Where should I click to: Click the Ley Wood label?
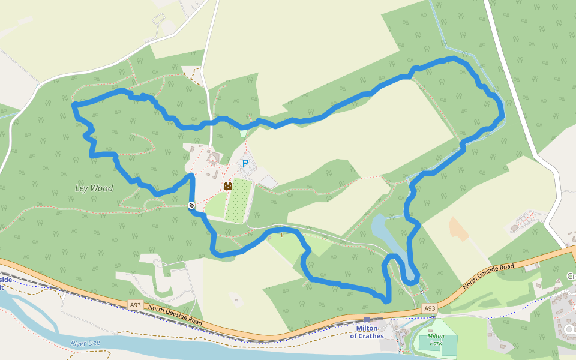94,188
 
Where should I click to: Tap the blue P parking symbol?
245,163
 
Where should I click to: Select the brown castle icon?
228,186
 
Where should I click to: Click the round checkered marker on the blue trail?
191,205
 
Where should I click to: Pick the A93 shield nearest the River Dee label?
136,305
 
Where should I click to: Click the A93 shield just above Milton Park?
429,308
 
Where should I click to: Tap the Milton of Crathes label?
367,332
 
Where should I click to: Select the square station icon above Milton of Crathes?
367,320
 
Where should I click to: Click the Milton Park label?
436,340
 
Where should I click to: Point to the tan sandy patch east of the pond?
459,229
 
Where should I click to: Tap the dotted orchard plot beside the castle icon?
238,200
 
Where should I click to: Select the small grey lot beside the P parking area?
268,181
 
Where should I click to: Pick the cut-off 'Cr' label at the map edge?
571,276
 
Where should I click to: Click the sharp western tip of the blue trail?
74,106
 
